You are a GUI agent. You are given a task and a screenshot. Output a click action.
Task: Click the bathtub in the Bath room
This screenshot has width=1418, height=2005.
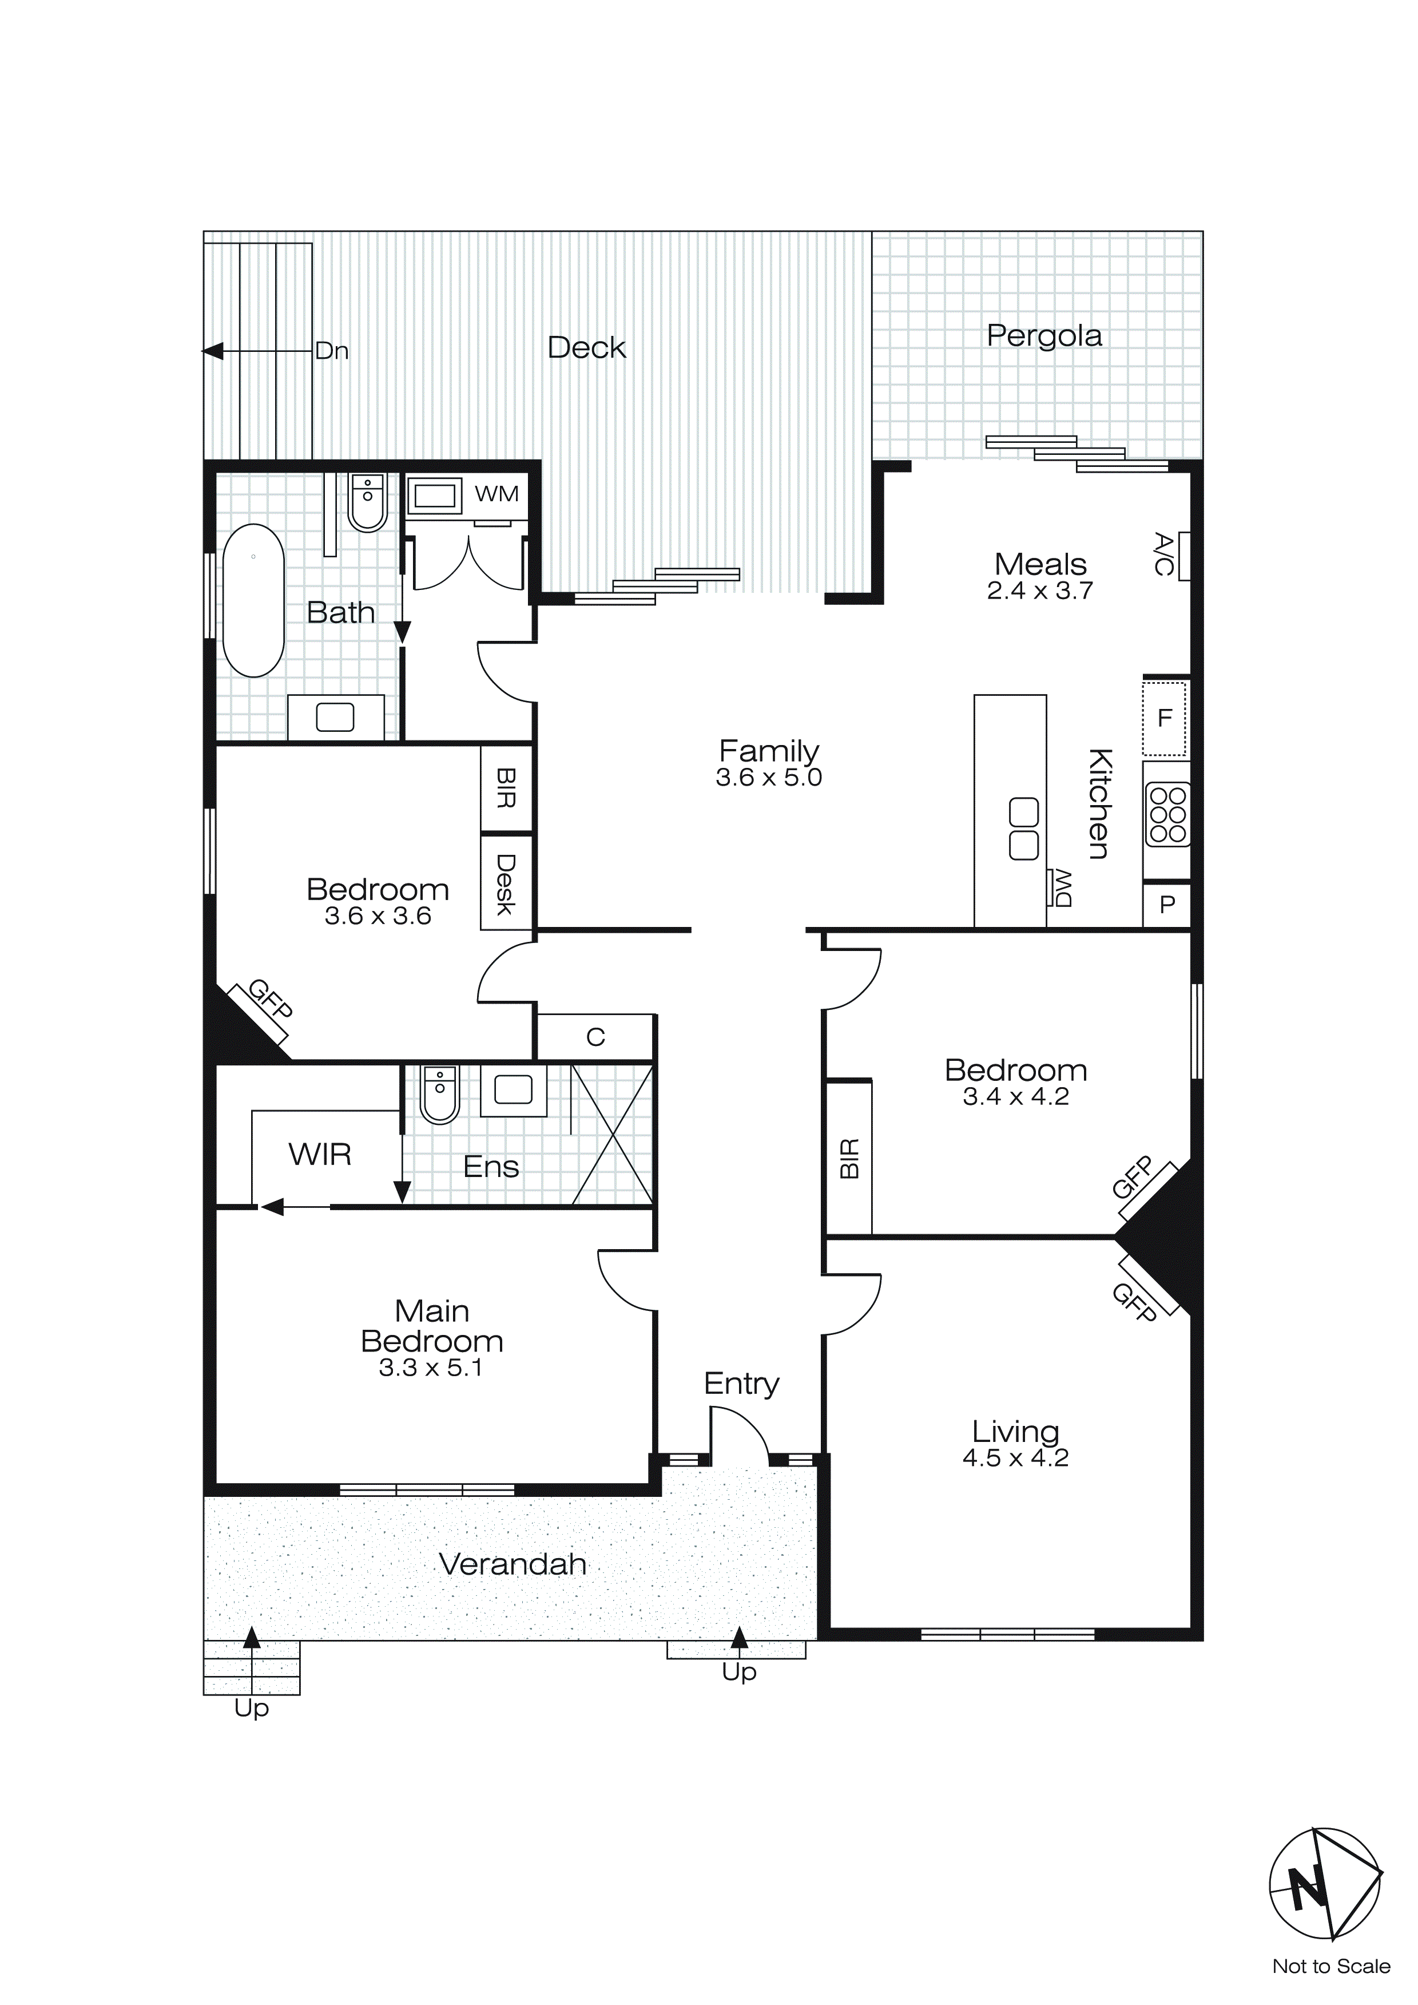click(x=253, y=601)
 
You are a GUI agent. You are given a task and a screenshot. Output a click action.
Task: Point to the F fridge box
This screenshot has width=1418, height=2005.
click(x=1164, y=718)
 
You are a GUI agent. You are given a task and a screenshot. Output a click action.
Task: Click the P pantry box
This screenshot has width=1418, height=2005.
click(x=1166, y=905)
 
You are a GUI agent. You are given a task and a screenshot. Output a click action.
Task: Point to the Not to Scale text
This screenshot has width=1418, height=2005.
click(x=1330, y=1967)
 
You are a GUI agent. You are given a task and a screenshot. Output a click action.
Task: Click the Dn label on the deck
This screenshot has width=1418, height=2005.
click(x=332, y=351)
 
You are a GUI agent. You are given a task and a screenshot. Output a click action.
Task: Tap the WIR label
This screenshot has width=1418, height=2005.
click(x=320, y=1155)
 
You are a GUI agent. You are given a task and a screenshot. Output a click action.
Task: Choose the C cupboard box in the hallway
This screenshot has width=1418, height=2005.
click(x=595, y=1037)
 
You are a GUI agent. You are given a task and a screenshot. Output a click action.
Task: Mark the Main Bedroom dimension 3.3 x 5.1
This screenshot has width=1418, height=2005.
click(x=431, y=1368)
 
